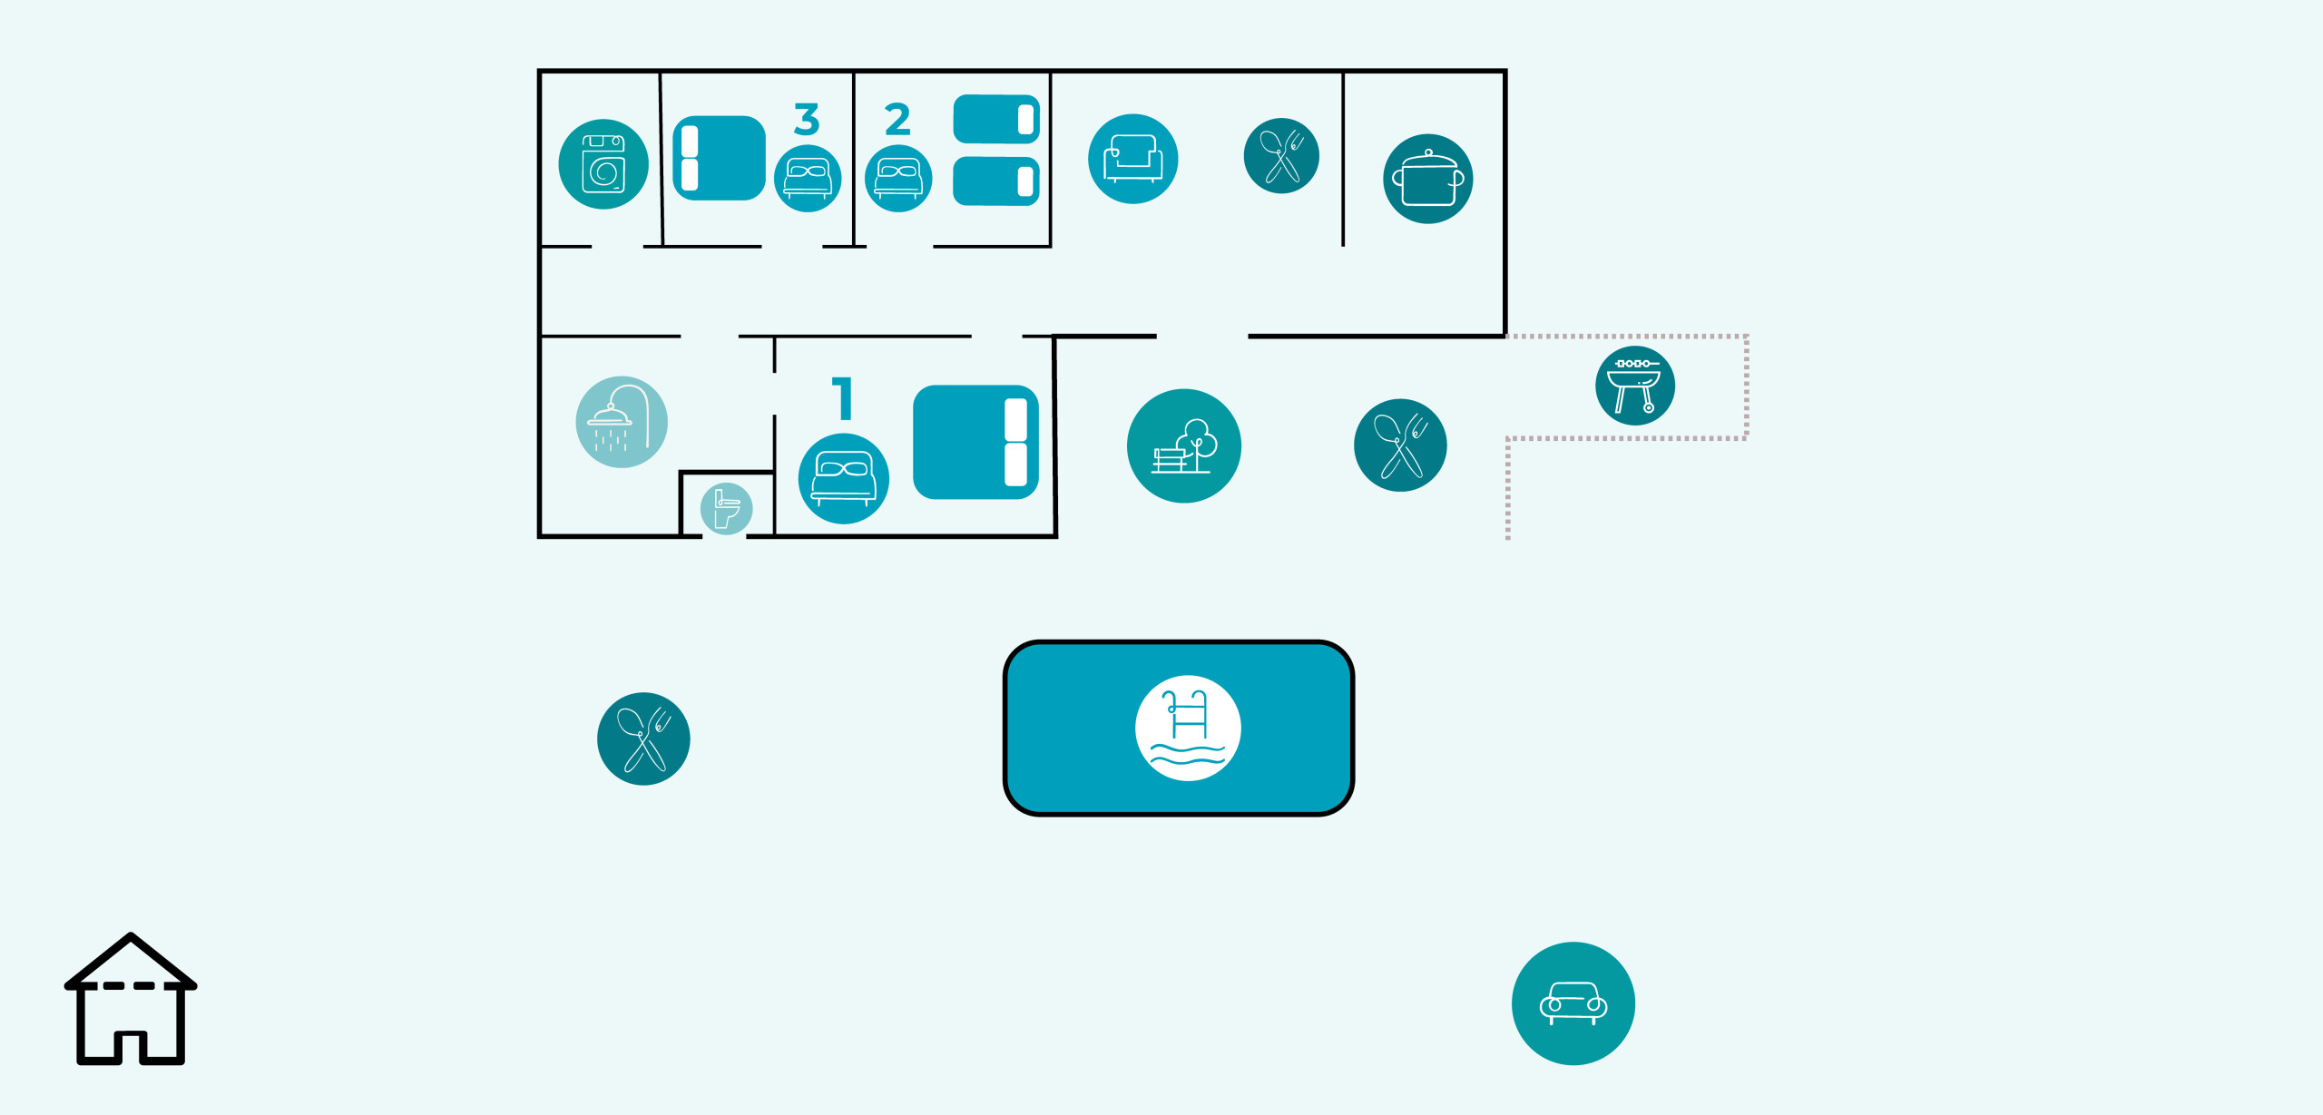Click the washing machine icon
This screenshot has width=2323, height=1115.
pyautogui.click(x=603, y=164)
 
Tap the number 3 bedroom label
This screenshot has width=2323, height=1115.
pyautogui.click(x=807, y=119)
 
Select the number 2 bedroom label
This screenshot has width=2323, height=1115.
pyautogui.click(x=897, y=119)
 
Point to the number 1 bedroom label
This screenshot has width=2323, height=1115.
pyautogui.click(x=843, y=398)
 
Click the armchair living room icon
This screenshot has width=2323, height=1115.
pyautogui.click(x=1133, y=159)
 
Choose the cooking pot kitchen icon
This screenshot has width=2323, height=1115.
pyautogui.click(x=1428, y=179)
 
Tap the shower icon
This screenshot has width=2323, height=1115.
pyautogui.click(x=622, y=422)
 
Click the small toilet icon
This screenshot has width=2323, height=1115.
pyautogui.click(x=726, y=508)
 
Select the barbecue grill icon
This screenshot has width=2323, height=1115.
pyautogui.click(x=1635, y=386)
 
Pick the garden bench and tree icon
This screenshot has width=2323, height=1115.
pyautogui.click(x=1184, y=445)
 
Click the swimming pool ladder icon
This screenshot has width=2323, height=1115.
pyautogui.click(x=1188, y=728)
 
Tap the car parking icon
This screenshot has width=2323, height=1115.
pyautogui.click(x=1573, y=1003)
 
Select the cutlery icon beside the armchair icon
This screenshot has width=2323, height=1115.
pyautogui.click(x=1281, y=156)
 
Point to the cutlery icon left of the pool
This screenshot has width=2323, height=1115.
pyautogui.click(x=643, y=738)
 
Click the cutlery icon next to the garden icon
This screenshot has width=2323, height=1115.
pyautogui.click(x=1400, y=445)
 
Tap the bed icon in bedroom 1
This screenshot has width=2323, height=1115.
pyautogui.click(x=844, y=479)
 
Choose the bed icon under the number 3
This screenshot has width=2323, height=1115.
pyautogui.click(x=808, y=179)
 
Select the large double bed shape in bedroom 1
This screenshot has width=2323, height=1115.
pyautogui.click(x=975, y=442)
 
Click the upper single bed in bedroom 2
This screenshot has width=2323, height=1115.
pyautogui.click(x=996, y=119)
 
